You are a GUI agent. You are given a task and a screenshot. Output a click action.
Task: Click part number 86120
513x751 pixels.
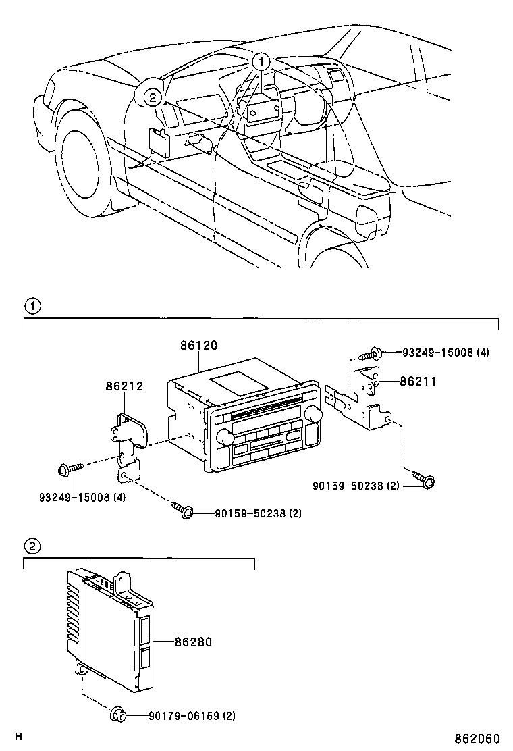point(198,345)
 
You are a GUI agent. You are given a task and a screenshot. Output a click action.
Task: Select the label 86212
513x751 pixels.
point(124,386)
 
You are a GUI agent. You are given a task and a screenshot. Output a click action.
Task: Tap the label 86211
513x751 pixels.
point(418,382)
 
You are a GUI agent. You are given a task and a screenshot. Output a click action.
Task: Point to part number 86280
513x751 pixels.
point(192,642)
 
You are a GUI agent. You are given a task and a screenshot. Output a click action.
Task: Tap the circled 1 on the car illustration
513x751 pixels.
point(261,62)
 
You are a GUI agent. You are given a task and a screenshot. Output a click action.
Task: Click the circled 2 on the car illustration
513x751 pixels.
point(153,97)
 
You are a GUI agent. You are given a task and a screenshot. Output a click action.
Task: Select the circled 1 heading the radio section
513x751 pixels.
point(32,306)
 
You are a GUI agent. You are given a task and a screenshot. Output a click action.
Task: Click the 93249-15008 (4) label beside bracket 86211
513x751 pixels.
point(446,353)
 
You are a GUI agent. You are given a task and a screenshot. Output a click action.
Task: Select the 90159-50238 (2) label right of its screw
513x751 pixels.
point(248,513)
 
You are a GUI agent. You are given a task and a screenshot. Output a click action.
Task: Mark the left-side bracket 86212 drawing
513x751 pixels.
point(130,442)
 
